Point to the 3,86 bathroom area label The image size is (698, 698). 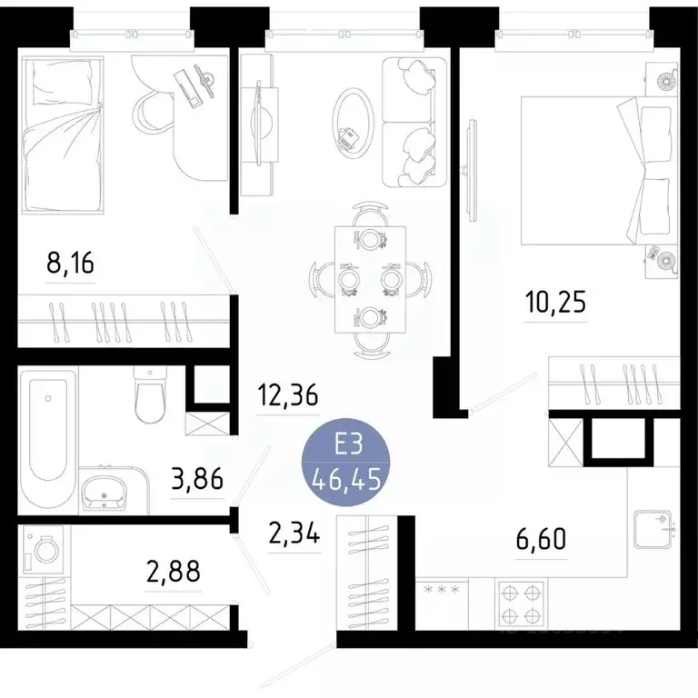tap(197, 478)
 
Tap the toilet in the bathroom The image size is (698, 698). tap(148, 394)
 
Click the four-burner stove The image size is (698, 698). tap(520, 601)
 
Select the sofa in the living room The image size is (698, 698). tap(414, 121)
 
